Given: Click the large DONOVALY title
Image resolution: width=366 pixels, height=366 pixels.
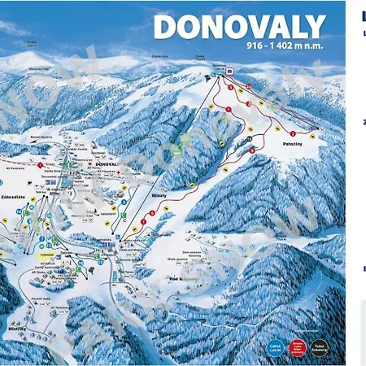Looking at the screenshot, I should click(x=239, y=27).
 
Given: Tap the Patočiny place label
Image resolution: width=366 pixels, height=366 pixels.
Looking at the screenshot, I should click(x=294, y=143).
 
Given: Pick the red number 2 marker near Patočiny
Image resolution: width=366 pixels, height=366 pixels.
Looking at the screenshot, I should click(x=292, y=133).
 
